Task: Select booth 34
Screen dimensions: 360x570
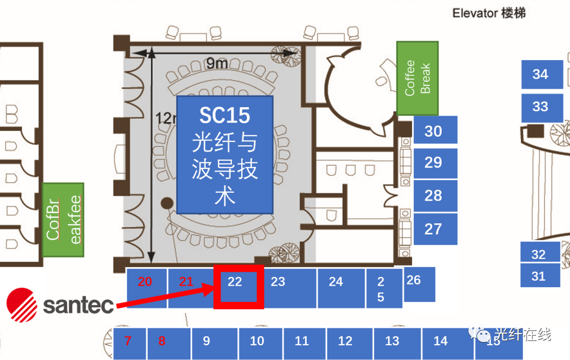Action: pos(540,74)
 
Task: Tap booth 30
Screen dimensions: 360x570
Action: pos(434,130)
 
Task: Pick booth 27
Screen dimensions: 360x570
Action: pos(434,229)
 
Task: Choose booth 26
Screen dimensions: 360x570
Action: pos(419,284)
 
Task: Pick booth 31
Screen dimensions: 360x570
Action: pos(539,276)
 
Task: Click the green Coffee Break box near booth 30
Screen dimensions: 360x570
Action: pos(417,79)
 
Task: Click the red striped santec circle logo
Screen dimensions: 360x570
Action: pos(22,304)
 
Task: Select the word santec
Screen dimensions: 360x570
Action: pos(78,305)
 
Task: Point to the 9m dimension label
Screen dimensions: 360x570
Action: pos(217,63)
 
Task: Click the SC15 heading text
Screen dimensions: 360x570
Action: pos(224,116)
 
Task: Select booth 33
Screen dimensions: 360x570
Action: pos(540,107)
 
